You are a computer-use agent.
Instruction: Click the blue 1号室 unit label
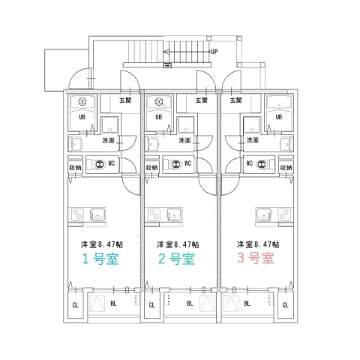coord(100,259)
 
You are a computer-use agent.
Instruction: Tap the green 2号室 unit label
coord(176,259)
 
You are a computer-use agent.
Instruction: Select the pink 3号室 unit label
coord(256,258)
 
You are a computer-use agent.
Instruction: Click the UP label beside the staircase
coord(214,52)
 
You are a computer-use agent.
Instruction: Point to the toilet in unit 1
coord(99,164)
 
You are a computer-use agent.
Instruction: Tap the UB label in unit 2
coord(158,117)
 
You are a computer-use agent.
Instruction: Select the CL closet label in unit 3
coord(285,305)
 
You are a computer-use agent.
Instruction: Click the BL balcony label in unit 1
coord(113,304)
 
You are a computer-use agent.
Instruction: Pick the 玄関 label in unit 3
coord(235,100)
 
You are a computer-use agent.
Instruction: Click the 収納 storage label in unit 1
coord(75,167)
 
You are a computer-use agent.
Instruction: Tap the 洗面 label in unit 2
coord(185,140)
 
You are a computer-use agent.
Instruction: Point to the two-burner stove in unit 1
coord(77,214)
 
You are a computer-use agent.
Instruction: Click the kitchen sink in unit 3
coord(264,214)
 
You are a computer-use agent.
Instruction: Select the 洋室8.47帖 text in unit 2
coord(178,244)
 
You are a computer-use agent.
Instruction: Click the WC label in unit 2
coord(187,163)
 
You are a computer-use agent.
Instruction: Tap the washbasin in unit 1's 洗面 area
coord(76,145)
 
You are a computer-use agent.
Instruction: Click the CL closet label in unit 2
coord(151,305)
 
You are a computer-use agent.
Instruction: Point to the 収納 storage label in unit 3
coord(286,167)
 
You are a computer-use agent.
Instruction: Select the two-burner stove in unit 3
coord(284,214)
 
